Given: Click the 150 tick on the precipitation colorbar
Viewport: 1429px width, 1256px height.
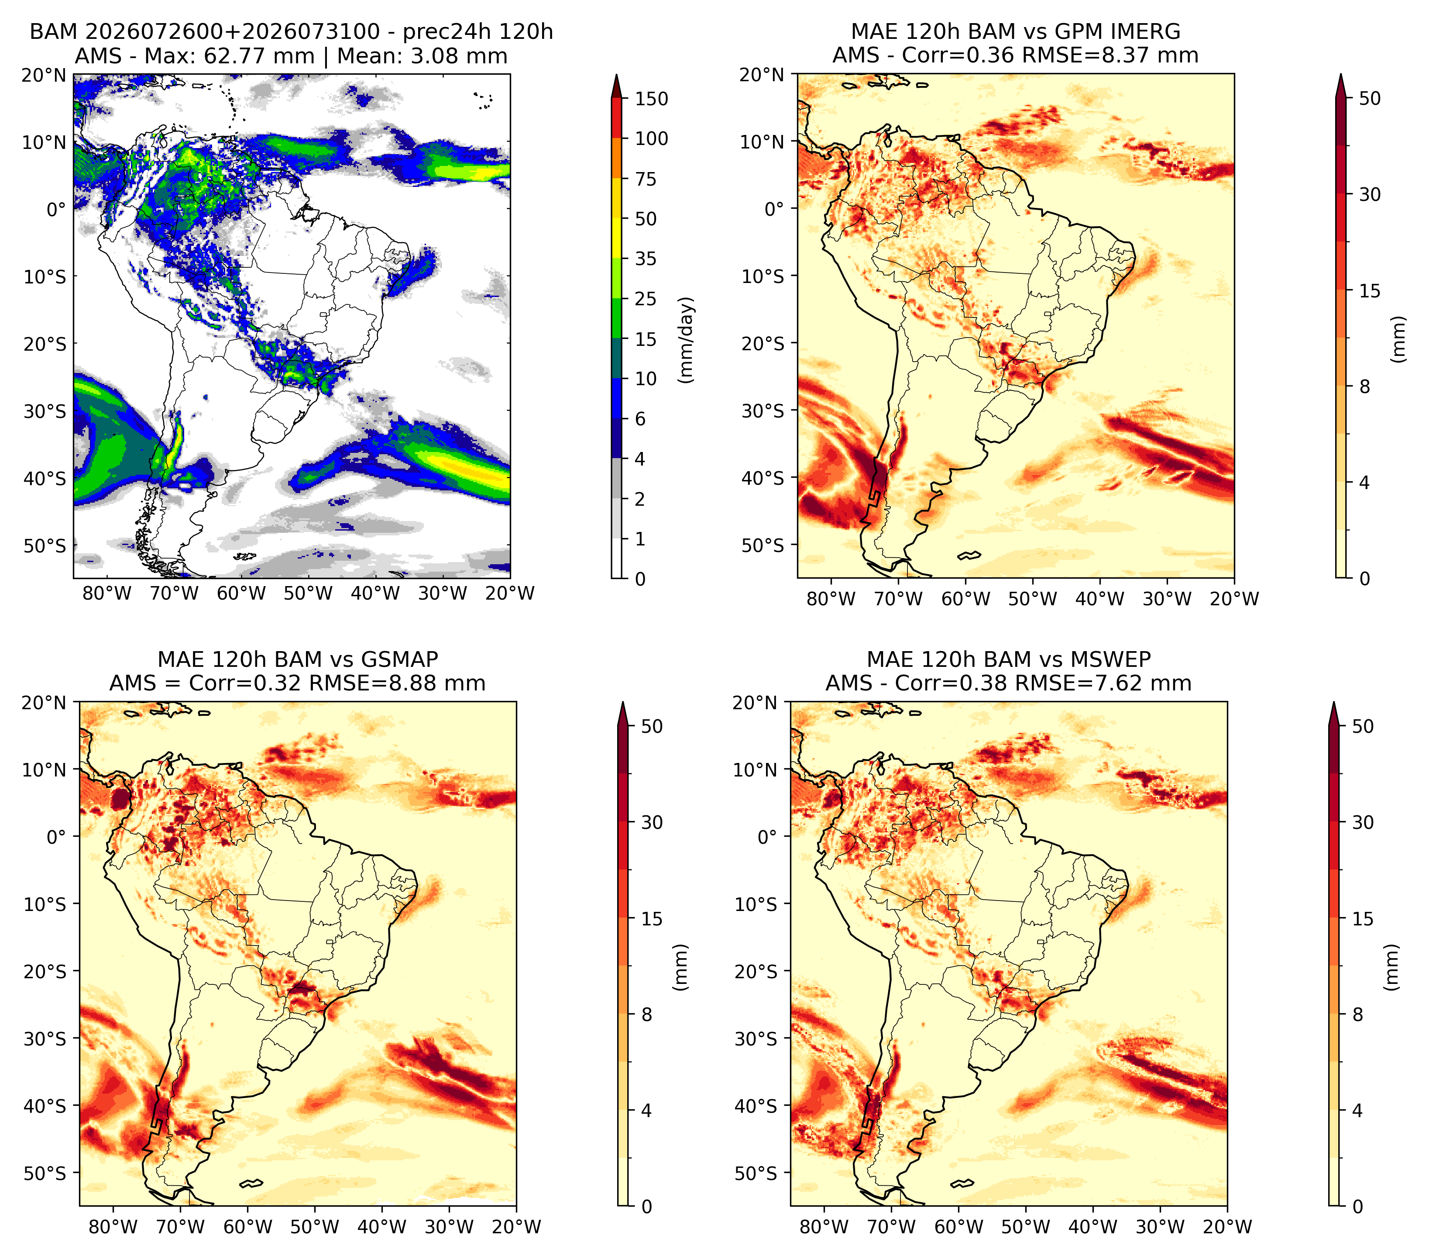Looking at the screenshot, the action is [651, 99].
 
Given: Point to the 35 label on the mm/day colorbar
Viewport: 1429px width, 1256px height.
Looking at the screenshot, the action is [645, 259].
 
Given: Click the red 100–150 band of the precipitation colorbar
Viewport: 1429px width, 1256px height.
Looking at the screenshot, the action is [617, 118].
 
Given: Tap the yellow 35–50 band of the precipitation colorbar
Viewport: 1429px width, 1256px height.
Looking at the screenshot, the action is [617, 238].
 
